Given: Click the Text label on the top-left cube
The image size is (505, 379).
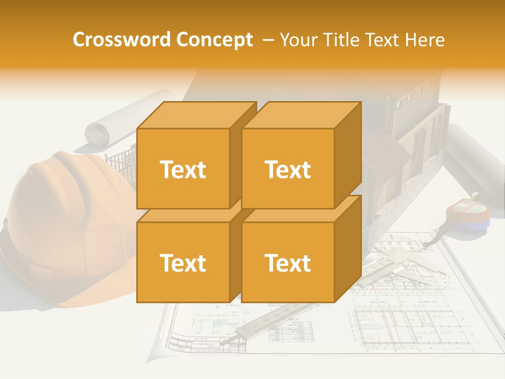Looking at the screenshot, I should [183, 169].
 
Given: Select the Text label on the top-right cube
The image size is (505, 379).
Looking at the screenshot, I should [288, 169].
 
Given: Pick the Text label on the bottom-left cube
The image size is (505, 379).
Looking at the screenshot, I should [183, 263].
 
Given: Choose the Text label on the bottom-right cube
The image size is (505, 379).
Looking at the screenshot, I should [288, 263].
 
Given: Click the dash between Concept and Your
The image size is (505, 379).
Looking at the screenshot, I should [267, 40].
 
